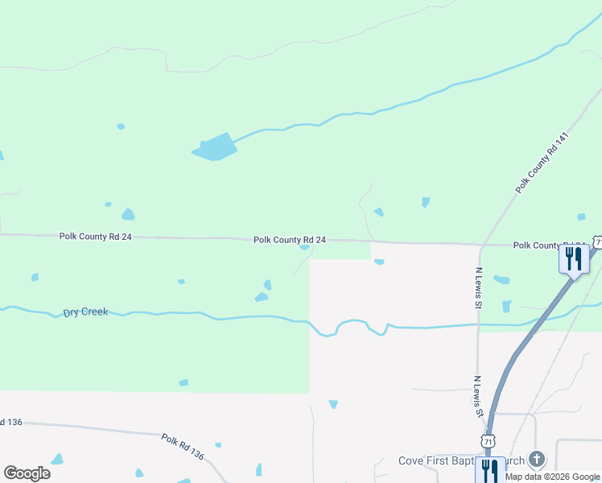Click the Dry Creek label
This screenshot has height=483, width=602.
click(85, 312)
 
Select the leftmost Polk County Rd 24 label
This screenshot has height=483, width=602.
click(95, 237)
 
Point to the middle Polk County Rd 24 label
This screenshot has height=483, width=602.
click(290, 240)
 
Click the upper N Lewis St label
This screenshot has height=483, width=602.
click(478, 288)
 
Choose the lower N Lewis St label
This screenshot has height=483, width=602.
click(478, 396)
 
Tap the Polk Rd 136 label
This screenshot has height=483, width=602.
click(183, 447)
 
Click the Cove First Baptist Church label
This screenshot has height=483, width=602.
click(461, 461)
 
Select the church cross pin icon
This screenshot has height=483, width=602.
click(537, 460)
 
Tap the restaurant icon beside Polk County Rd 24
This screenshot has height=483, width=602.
click(574, 259)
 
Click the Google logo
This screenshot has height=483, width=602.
click(27, 473)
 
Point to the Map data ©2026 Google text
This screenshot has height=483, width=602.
click(552, 477)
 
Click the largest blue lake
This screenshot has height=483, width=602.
click(215, 147)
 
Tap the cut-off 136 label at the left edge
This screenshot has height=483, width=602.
click(10, 422)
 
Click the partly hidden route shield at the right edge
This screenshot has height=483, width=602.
click(598, 242)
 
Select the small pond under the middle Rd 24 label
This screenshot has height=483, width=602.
click(304, 247)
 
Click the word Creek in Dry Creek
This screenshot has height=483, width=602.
click(94, 312)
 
